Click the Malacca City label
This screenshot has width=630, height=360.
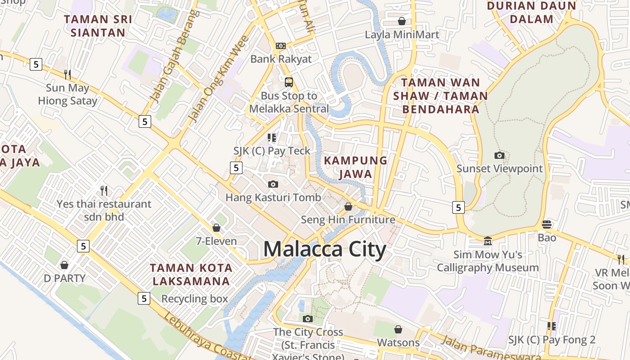coord(324,249)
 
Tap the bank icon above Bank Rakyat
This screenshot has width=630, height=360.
coord(281,45)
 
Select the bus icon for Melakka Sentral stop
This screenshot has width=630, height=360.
coord(289,82)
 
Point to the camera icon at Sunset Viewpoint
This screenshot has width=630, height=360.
coord(499,156)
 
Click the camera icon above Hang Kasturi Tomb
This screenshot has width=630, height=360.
coord(273,184)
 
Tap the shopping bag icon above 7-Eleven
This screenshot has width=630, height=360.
coord(216,228)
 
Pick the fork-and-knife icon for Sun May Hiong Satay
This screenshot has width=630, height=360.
coord(67,74)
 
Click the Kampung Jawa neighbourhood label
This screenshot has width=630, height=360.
coord(355,167)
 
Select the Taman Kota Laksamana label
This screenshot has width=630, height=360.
coord(191,274)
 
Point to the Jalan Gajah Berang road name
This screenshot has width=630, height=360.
coord(175,56)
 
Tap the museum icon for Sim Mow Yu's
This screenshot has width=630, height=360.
coord(488,241)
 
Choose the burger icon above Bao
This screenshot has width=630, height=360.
coord(547,224)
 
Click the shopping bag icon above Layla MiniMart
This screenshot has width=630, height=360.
coord(402,21)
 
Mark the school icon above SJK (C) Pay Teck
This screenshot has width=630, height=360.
coord(272,137)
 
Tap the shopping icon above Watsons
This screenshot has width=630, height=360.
coord(398,329)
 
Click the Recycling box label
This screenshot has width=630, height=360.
coord(195,299)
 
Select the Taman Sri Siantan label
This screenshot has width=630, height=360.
coord(98,26)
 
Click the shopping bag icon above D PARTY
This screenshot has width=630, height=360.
coord(64,265)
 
